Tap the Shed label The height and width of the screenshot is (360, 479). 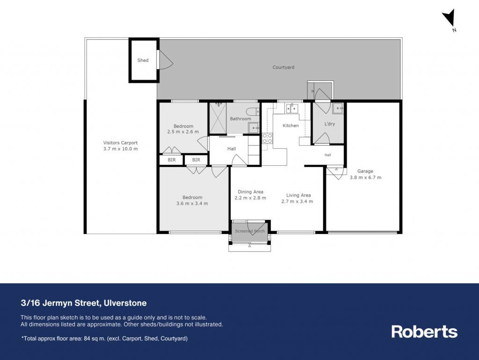tap(143, 60)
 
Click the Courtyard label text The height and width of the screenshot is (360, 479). tap(283, 67)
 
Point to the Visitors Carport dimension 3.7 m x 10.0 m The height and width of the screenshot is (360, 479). tap(120, 149)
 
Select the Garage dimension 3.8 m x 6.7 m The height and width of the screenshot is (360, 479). tap(365, 177)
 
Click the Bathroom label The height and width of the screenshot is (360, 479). tap(240, 118)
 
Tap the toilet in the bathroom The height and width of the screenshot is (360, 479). tap(253, 111)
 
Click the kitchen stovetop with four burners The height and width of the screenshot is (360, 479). tap(267, 138)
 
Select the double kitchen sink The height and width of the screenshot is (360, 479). tap(292, 109)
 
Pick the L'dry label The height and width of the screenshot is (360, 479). tap(330, 124)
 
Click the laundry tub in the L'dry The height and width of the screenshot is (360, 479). tap(338, 109)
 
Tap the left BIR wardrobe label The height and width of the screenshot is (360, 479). tap(172, 160)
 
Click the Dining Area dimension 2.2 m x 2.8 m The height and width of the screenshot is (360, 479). tap(250, 198)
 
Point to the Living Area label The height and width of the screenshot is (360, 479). tap(298, 195)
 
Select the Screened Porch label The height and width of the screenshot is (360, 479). tap(250, 231)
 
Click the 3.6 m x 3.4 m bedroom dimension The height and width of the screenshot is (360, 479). tap(192, 203)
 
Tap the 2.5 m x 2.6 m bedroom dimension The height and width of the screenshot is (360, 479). tap(183, 132)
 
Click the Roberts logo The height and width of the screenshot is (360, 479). tap(424, 331)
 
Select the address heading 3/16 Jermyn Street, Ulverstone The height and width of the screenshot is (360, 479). tap(84, 303)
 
